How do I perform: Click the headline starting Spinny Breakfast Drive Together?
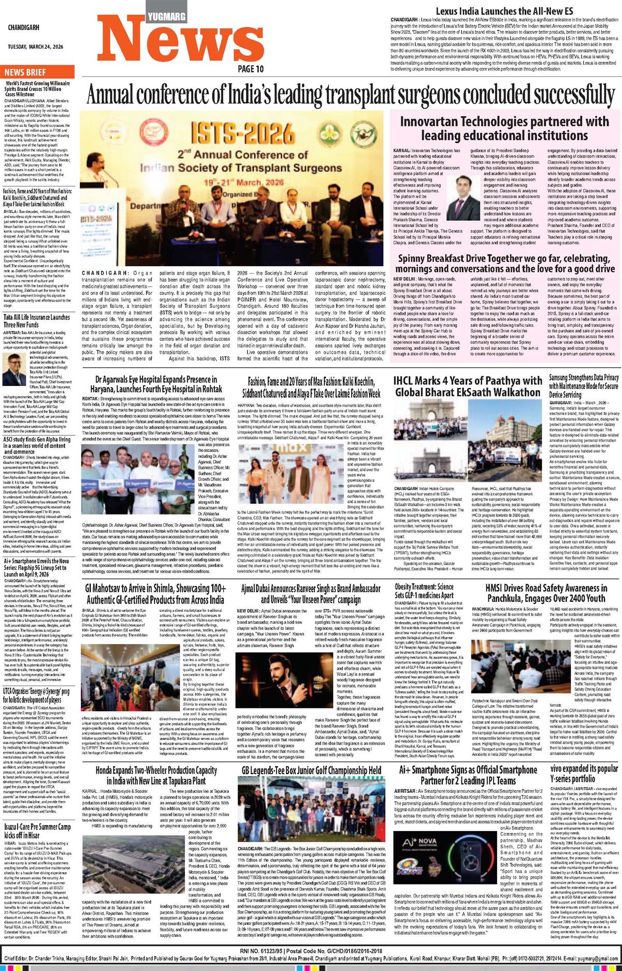pyautogui.click(x=504, y=263)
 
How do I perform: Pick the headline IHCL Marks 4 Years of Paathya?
pyautogui.click(x=468, y=387)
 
